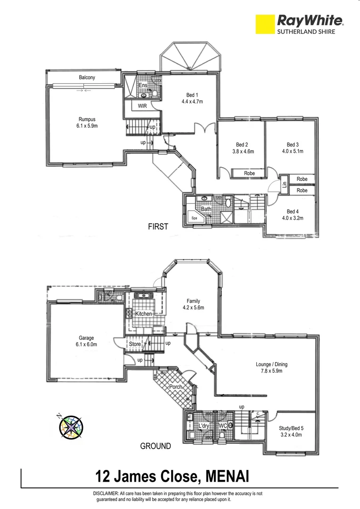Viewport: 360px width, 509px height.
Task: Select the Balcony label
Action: (x=87, y=77)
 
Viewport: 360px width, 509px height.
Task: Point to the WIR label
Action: (x=142, y=106)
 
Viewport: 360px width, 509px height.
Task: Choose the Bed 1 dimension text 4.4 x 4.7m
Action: (x=192, y=101)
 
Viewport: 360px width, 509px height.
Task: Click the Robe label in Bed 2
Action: (x=249, y=173)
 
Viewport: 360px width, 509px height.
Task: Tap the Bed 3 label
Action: (x=293, y=145)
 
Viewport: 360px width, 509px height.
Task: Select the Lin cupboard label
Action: (x=285, y=184)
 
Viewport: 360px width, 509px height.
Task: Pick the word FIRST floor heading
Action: (x=158, y=227)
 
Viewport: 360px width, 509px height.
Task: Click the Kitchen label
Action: (x=144, y=314)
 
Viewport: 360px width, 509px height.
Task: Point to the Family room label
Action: (x=193, y=301)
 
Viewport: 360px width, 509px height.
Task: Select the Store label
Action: (x=135, y=345)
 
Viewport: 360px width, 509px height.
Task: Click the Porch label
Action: (x=175, y=387)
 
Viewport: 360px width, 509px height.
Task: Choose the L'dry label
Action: (x=204, y=426)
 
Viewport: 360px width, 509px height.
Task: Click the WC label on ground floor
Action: (x=223, y=426)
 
